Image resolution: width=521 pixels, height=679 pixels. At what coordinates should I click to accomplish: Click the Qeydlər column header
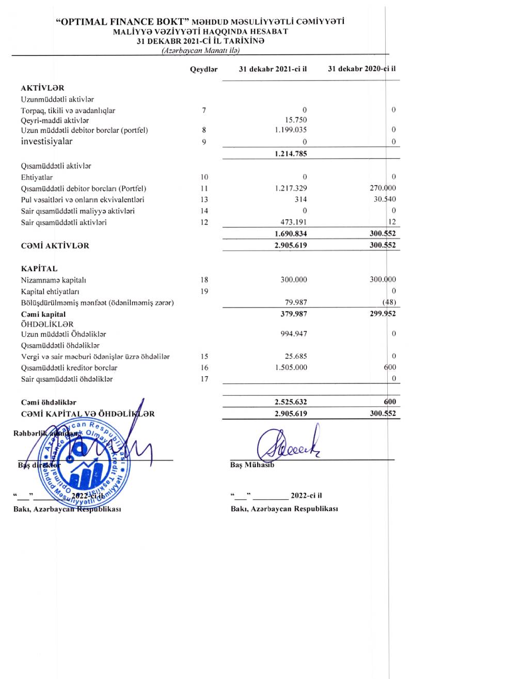[x=203, y=69]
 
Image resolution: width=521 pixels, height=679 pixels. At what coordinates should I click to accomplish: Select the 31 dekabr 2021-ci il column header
[x=273, y=69]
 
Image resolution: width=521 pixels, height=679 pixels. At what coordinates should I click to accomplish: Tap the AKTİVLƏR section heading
[x=42, y=88]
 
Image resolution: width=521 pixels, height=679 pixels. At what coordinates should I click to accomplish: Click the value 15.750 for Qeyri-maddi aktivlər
[x=296, y=120]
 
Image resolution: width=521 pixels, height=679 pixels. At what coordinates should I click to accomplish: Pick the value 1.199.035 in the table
[x=291, y=130]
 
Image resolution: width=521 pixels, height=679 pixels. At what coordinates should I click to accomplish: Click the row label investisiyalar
[x=46, y=142]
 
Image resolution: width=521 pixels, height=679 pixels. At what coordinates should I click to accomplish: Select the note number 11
[x=204, y=189]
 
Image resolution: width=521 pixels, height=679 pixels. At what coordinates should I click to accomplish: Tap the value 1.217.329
[x=291, y=189]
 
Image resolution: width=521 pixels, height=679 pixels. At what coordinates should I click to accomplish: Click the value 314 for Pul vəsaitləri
[x=301, y=199]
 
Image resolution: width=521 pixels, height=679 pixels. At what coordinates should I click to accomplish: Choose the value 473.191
[x=293, y=222]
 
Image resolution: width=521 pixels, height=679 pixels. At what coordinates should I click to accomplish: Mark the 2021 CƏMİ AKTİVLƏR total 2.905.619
[x=291, y=245]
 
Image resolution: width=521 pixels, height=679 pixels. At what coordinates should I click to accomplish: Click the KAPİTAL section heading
[x=39, y=269]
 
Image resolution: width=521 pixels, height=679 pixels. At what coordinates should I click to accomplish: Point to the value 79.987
[x=296, y=302]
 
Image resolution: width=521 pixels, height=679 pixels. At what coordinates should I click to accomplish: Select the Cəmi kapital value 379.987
[x=293, y=314]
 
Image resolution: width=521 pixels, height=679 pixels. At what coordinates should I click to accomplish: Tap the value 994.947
[x=293, y=334]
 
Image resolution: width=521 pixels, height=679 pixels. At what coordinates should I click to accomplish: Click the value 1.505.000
[x=291, y=367]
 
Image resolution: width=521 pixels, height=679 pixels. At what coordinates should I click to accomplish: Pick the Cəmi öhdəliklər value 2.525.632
[x=291, y=402]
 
